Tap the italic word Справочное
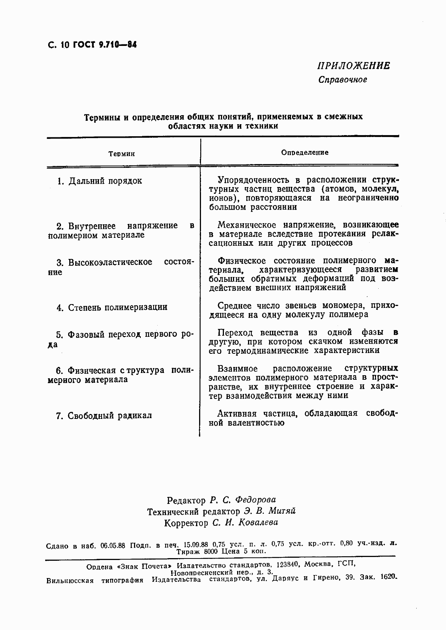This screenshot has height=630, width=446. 342,80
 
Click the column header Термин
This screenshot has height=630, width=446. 122,154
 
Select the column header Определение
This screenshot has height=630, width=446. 304,152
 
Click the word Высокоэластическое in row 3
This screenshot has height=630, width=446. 110,262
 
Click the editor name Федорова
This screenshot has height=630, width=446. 255,500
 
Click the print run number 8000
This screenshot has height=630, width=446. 211,551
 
